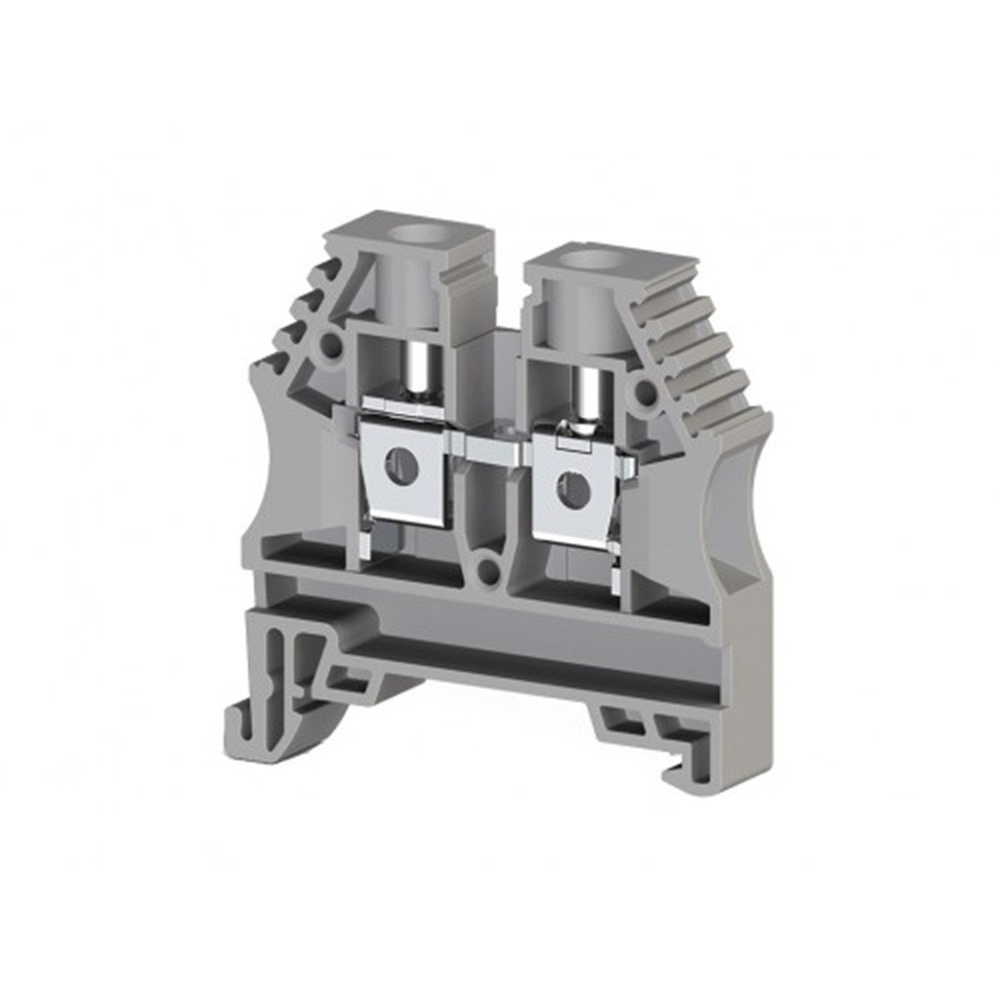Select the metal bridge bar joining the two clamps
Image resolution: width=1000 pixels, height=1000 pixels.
tap(492, 451)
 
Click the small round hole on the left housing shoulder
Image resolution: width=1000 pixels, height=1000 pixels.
tap(332, 342)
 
